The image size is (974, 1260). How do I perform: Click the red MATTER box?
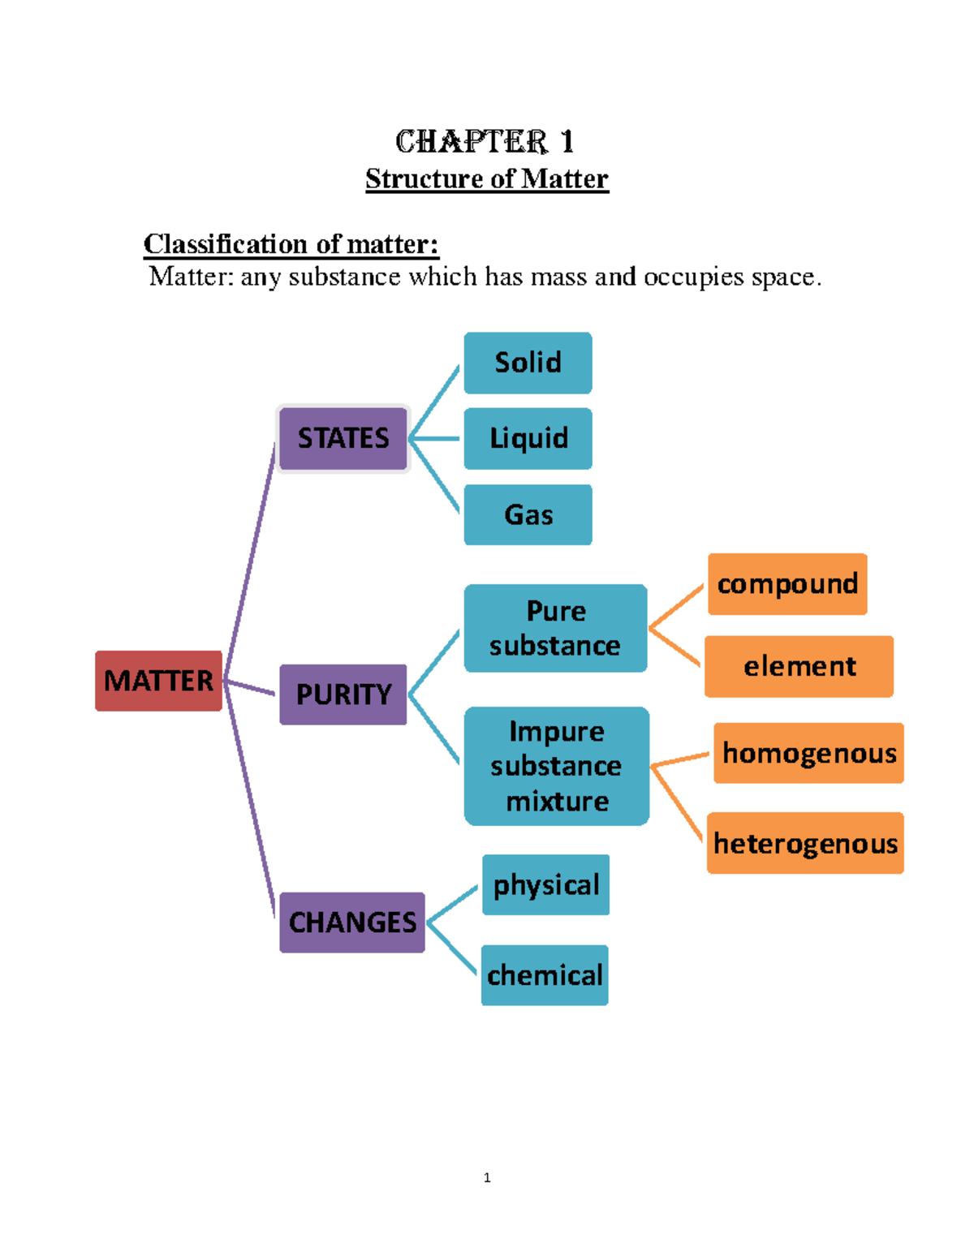pyautogui.click(x=158, y=681)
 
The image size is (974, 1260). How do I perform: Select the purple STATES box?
pyautogui.click(x=343, y=438)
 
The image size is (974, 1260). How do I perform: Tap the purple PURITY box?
pyautogui.click(x=343, y=695)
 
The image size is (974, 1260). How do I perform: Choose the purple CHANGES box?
pyautogui.click(x=352, y=922)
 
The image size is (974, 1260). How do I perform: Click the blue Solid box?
pyautogui.click(x=528, y=363)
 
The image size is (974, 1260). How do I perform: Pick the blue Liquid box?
pyautogui.click(x=528, y=439)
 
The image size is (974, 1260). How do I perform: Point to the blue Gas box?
pyautogui.click(x=528, y=515)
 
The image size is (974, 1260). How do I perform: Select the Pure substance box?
pyautogui.click(x=555, y=628)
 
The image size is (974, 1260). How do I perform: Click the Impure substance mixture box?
pyautogui.click(x=557, y=766)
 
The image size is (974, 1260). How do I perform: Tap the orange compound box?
pyautogui.click(x=787, y=584)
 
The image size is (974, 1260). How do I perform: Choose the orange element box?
pyautogui.click(x=799, y=667)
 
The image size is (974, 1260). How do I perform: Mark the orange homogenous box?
pyautogui.click(x=808, y=753)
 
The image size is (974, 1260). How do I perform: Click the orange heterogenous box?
pyautogui.click(x=805, y=843)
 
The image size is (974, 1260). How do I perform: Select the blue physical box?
pyautogui.click(x=545, y=885)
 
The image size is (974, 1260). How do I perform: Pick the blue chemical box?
pyautogui.click(x=545, y=975)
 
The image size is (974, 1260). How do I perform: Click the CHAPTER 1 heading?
pyautogui.click(x=485, y=142)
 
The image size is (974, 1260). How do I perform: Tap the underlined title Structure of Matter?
pyautogui.click(x=486, y=178)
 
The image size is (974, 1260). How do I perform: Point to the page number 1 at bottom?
pyautogui.click(x=487, y=1177)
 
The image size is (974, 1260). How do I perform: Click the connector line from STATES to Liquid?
pyautogui.click(x=437, y=439)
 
